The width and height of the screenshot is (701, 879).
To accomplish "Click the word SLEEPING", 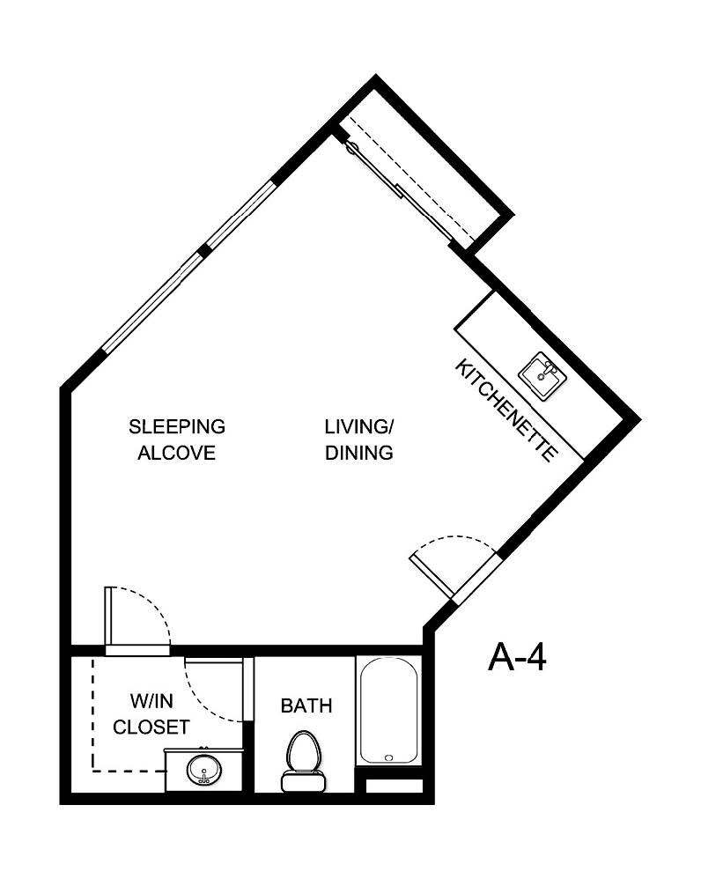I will [177, 427].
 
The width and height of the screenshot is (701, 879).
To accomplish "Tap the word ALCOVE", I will [177, 454].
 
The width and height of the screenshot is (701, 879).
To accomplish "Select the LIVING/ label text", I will [358, 427].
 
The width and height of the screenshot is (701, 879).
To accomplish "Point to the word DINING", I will [358, 454].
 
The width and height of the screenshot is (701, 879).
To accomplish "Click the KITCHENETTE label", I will [506, 410].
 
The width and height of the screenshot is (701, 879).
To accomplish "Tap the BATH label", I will [306, 705].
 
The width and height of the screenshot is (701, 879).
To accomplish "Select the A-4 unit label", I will [517, 657].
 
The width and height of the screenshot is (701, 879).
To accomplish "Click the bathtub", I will [387, 711].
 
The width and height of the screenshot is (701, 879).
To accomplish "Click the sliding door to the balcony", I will [401, 189].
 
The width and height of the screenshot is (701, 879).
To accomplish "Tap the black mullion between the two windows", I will [204, 251].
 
